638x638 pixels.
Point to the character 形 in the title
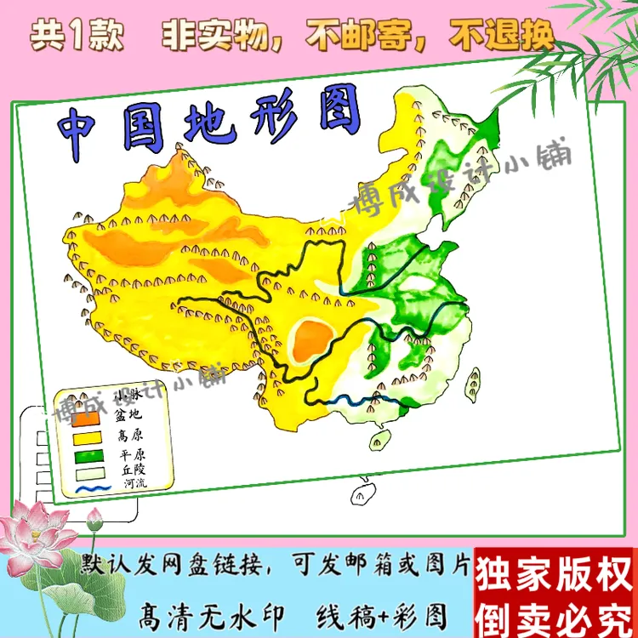click(271, 115)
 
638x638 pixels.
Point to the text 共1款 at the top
click(77, 36)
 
